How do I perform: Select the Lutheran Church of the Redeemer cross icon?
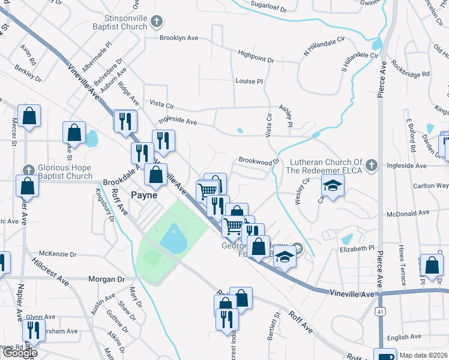[372, 164]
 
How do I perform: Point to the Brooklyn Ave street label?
[179, 37]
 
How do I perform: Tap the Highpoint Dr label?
[256, 60]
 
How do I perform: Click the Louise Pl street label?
[249, 81]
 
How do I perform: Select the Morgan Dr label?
[106, 280]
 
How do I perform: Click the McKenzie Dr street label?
[58, 254]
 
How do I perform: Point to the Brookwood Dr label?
[259, 161]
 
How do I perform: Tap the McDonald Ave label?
[408, 212]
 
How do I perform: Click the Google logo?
[20, 353]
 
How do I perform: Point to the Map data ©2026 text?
[423, 355]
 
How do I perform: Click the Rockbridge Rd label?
[410, 68]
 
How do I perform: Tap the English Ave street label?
[405, 337]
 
